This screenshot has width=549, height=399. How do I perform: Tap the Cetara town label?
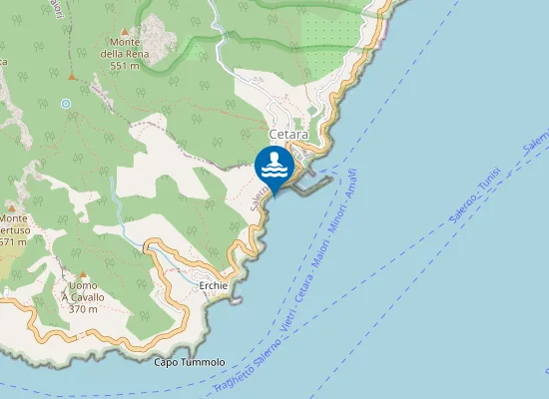pos(288,133)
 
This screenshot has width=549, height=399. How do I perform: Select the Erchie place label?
pos(214,285)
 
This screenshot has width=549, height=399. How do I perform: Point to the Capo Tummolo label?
pos(190,361)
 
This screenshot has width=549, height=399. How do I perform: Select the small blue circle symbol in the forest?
pos(66,103)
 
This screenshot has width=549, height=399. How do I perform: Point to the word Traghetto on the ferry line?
pos(231,376)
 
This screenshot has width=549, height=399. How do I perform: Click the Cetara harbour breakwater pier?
pos(310,184)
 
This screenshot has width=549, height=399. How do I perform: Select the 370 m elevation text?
pos(79,308)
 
